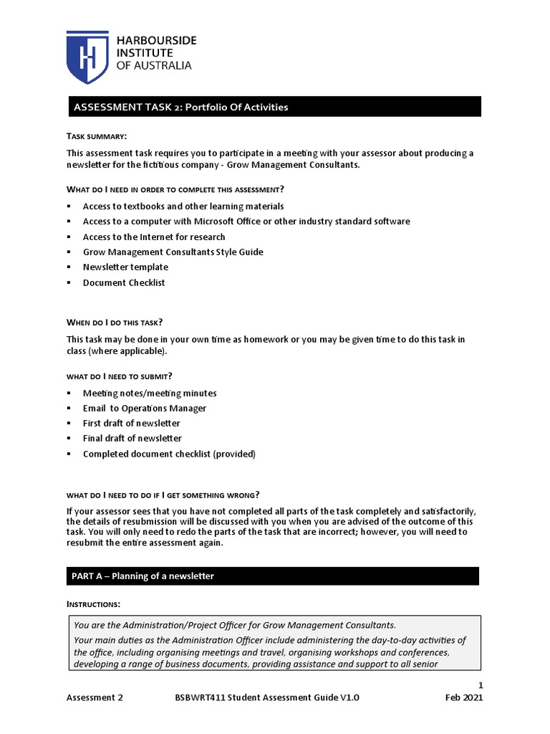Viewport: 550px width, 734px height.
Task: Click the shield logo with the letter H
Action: coord(87,57)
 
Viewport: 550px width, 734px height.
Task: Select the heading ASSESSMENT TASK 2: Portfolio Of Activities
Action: coord(180,108)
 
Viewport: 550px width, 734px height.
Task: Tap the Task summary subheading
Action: coord(97,136)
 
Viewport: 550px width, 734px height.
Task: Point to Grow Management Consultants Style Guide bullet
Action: coord(173,252)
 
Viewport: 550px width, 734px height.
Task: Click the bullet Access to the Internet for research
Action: coord(154,237)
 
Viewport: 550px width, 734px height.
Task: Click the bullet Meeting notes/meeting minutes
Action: coord(150,393)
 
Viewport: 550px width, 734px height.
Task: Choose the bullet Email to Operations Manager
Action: coord(145,409)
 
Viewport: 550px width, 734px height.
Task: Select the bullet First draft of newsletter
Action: coord(132,424)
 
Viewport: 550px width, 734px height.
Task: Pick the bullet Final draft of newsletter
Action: coord(132,439)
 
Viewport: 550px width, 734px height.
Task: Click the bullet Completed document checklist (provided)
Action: coord(169,454)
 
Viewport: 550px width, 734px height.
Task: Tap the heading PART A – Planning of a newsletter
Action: coord(143,576)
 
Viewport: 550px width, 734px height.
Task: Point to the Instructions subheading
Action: coord(94,604)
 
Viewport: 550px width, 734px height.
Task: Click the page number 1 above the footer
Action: coord(481,685)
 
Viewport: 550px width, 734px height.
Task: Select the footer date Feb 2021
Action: coord(464,697)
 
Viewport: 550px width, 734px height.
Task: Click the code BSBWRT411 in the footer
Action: coord(202,697)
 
